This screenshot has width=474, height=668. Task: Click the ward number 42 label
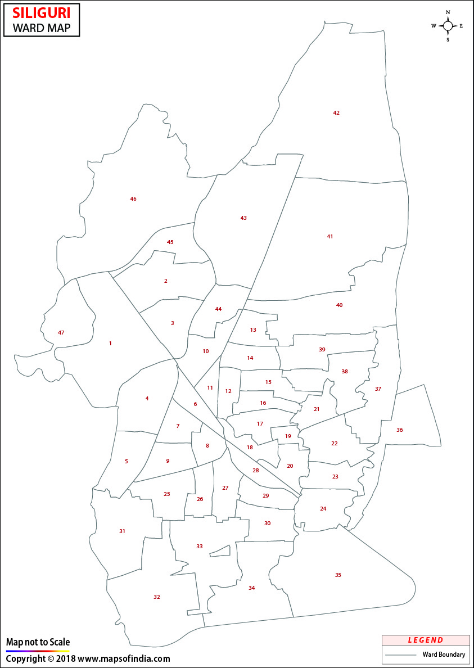[x=336, y=113]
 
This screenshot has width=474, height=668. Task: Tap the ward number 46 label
[x=133, y=199]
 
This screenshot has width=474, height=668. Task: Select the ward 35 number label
[x=338, y=575]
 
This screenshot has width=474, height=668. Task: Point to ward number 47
[x=61, y=333]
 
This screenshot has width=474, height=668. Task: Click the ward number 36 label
[x=400, y=430]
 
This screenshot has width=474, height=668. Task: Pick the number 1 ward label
[x=110, y=343]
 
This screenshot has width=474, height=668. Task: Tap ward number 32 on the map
[x=157, y=597]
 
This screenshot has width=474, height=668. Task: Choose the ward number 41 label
[x=330, y=237]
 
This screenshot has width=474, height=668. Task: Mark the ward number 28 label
[x=256, y=471]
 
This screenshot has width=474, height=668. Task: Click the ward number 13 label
[x=253, y=330]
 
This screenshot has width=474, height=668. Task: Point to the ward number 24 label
[x=323, y=509]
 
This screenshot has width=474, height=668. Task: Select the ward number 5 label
[x=127, y=462]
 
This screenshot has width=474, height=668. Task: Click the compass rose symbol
[x=448, y=26]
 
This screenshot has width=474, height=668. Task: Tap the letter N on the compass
[x=448, y=12]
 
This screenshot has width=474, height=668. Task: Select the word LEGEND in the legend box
[x=426, y=640]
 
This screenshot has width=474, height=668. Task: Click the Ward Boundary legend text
[x=444, y=655]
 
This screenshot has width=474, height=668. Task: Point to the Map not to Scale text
[x=38, y=642]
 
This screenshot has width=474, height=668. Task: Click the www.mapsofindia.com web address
[x=124, y=658]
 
